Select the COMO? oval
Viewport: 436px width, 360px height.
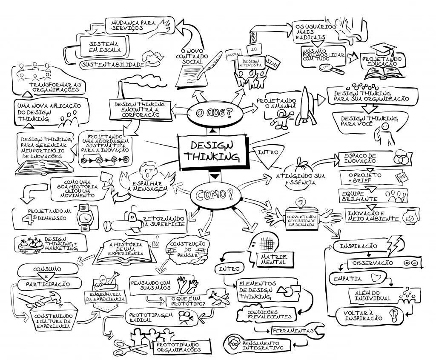point(215,195)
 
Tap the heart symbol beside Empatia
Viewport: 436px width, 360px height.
point(375,278)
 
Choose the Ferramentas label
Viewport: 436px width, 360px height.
point(292,330)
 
